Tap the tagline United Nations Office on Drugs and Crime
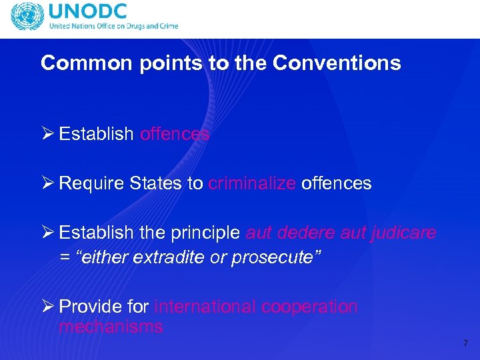(113, 27)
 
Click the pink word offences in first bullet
(175, 134)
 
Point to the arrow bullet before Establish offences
(47, 134)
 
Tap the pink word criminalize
(252, 183)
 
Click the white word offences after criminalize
(336, 183)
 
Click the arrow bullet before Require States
(47, 183)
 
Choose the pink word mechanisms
(111, 327)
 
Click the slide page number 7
(465, 343)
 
